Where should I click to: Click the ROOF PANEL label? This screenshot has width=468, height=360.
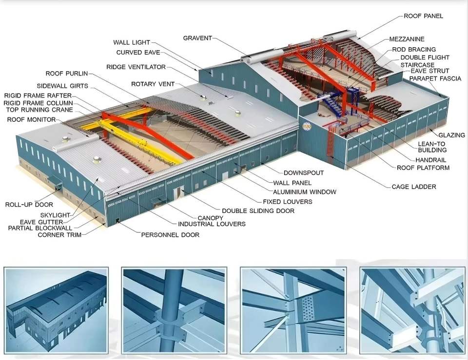tap(423, 16)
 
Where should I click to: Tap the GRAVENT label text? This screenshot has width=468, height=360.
tap(197, 38)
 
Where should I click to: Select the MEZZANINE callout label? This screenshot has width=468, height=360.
tap(407, 39)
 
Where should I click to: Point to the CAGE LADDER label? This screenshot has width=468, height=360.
tap(414, 187)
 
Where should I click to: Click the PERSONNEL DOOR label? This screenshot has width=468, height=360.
tap(170, 235)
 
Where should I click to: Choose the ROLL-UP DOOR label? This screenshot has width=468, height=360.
tap(29, 205)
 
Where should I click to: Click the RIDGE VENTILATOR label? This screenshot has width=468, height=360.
tap(136, 67)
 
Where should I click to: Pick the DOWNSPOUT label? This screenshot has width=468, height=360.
tap(304, 173)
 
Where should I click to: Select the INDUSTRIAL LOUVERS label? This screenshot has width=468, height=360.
tap(212, 224)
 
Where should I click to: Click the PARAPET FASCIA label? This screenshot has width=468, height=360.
tap(435, 78)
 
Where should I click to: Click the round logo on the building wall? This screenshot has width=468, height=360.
tap(306, 127)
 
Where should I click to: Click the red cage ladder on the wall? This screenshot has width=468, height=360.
tap(332, 141)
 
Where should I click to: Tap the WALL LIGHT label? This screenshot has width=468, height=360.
tap(132, 43)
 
